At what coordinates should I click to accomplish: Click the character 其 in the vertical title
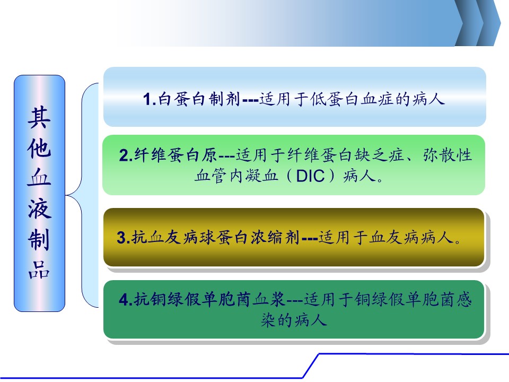point(39,118)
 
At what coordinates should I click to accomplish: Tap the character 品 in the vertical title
point(39,270)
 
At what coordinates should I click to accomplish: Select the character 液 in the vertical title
point(39,209)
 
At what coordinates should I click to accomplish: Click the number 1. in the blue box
point(150,99)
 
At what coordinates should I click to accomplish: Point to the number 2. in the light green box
point(126,155)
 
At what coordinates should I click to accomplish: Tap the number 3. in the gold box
point(124,238)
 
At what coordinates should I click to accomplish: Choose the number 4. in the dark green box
point(126,299)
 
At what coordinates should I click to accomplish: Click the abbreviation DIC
point(310,176)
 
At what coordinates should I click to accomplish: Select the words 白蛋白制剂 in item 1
point(199,99)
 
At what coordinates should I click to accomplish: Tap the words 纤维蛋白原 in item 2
point(175,155)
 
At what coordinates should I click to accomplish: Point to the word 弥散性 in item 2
point(447,155)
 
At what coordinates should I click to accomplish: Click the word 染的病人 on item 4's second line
point(294,320)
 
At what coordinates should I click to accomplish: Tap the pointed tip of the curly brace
point(66,195)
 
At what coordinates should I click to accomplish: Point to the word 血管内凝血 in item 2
point(236,176)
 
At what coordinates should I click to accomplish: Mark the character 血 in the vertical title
point(39,178)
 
